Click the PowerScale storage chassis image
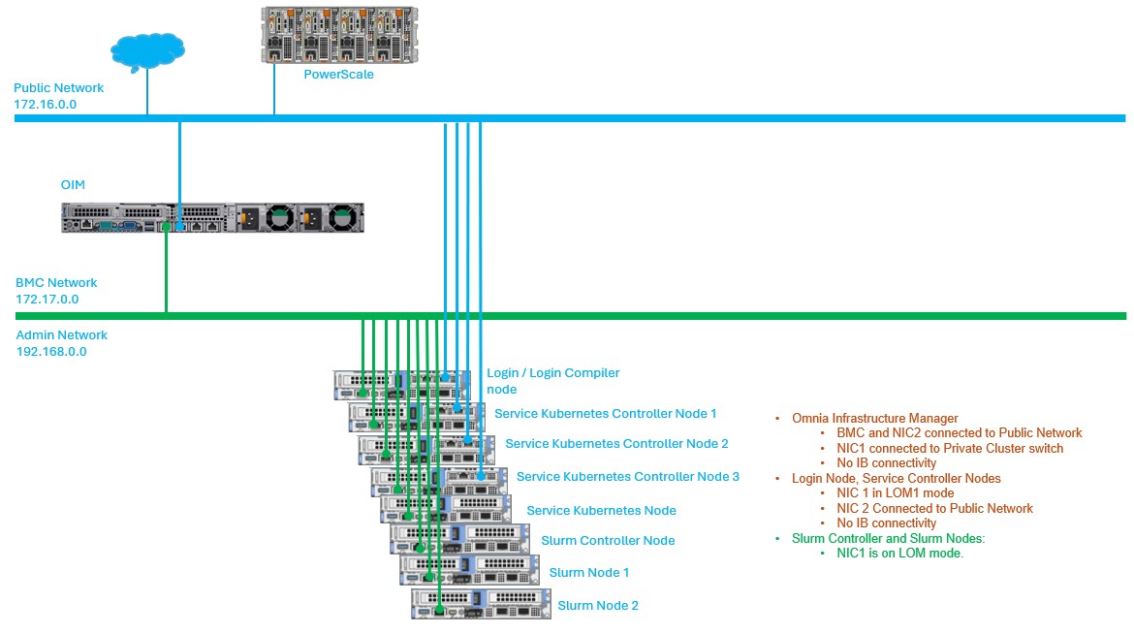[339, 35]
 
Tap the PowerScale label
[338, 75]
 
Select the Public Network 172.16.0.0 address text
[45, 105]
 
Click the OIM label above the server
[73, 185]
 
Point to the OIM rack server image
[212, 218]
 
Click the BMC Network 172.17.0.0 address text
[47, 300]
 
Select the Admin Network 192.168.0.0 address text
[51, 352]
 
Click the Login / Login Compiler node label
[553, 381]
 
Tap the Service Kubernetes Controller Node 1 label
[606, 414]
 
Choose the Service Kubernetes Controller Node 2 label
[616, 444]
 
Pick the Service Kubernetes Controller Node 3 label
[628, 477]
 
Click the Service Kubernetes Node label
[601, 511]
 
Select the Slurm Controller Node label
[608, 541]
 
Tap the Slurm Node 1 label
[588, 573]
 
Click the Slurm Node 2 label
[598, 606]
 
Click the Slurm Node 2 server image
[481, 604]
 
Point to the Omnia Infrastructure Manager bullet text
[874, 419]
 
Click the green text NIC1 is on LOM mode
[899, 554]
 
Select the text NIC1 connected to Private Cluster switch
[950, 449]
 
